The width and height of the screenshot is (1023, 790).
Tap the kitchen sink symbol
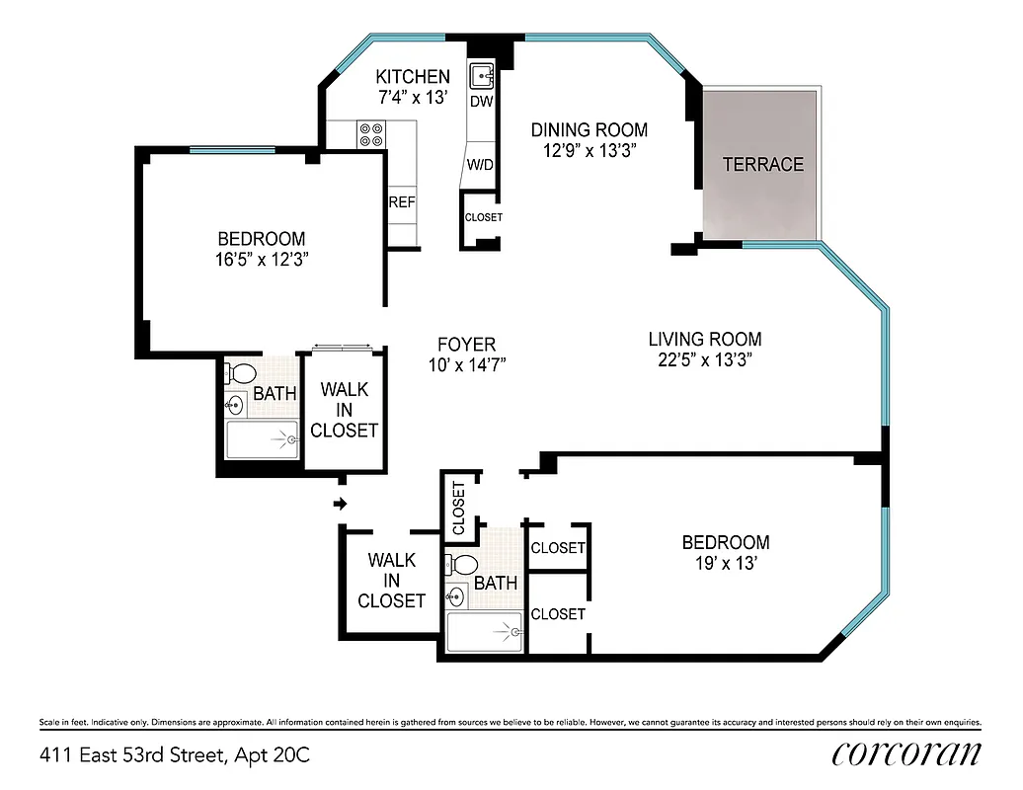(482, 76)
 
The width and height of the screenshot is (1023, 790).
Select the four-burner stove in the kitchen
(372, 134)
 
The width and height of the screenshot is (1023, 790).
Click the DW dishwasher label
(481, 102)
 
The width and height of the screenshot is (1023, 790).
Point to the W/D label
(480, 164)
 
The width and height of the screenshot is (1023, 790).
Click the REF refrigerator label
(402, 202)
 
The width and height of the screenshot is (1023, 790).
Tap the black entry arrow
(341, 504)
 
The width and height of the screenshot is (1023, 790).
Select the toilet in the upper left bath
(240, 373)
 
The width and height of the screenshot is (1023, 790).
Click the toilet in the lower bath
(462, 564)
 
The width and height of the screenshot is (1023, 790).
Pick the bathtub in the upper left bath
(262, 438)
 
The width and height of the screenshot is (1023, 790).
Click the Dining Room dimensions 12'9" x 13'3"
(590, 151)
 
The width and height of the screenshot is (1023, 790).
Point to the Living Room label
(705, 339)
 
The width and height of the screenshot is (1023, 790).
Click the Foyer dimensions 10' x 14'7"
(467, 364)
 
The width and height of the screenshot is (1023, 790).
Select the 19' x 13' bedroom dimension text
(726, 563)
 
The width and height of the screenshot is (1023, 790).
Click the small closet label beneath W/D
(483, 217)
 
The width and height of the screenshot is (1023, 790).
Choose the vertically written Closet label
(458, 509)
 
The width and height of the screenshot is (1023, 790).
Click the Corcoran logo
(906, 752)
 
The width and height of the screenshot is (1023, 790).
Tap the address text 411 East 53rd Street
(175, 755)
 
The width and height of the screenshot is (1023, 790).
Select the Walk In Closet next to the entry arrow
(391, 581)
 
